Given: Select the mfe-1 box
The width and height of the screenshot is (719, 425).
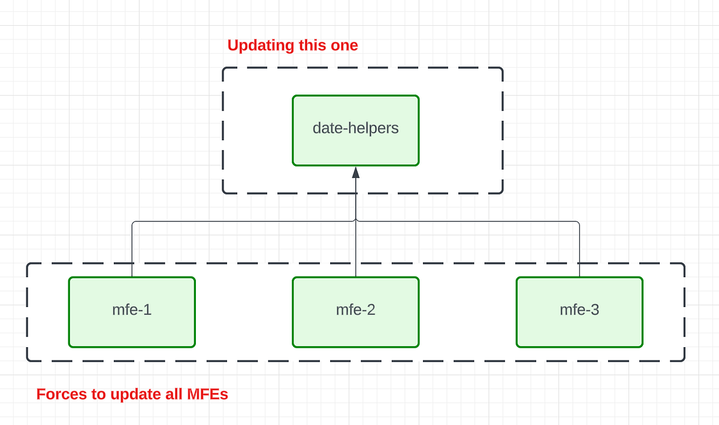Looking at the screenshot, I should tap(132, 326).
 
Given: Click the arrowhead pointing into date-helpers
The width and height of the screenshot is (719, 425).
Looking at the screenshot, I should tap(355, 172).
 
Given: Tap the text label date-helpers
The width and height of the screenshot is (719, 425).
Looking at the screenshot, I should tap(355, 128).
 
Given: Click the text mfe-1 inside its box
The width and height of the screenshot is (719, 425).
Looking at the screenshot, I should tap(132, 310).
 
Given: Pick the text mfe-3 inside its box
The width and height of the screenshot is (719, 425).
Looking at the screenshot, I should tap(579, 310).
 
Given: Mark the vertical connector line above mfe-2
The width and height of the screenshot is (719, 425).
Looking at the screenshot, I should tap(355, 251).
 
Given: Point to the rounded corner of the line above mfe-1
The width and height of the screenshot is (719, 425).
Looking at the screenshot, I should tap(133, 223).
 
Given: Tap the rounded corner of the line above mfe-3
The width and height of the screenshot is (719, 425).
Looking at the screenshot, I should tap(578, 223).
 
